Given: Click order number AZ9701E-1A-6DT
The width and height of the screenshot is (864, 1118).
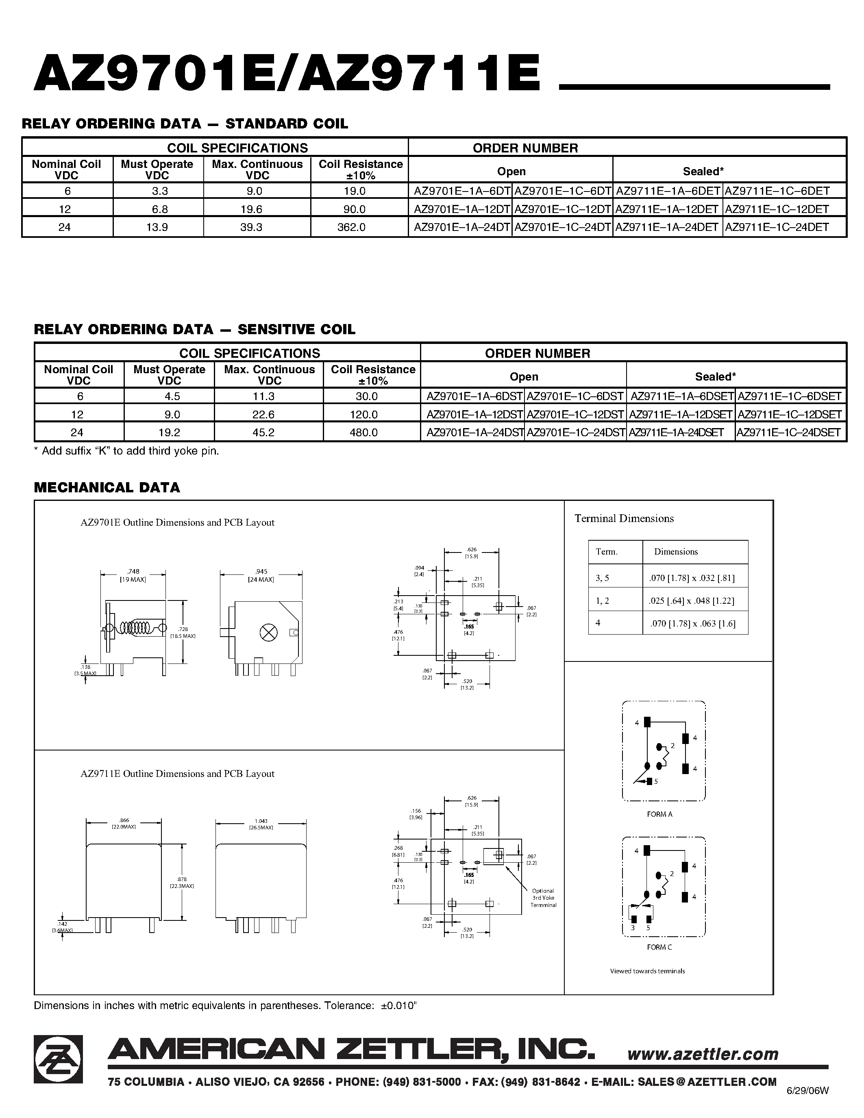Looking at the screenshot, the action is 462,191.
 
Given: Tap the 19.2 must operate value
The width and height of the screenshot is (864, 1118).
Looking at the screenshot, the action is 169,433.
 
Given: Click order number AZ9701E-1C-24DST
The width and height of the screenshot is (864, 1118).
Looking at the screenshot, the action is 576,433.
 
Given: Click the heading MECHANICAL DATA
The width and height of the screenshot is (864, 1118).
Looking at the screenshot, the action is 107,487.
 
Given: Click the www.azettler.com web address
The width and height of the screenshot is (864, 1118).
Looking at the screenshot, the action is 703,1054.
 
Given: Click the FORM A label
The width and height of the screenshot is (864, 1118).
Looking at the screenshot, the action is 659,814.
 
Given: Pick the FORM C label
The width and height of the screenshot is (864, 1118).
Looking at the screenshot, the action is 659,947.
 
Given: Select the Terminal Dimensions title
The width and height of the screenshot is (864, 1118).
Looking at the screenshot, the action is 624,519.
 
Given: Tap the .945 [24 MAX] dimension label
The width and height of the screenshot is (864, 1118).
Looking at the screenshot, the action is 261,575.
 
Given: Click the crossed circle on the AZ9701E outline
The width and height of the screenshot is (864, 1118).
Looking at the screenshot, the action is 268,633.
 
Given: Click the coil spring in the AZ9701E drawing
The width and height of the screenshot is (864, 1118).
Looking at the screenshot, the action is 137,628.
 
